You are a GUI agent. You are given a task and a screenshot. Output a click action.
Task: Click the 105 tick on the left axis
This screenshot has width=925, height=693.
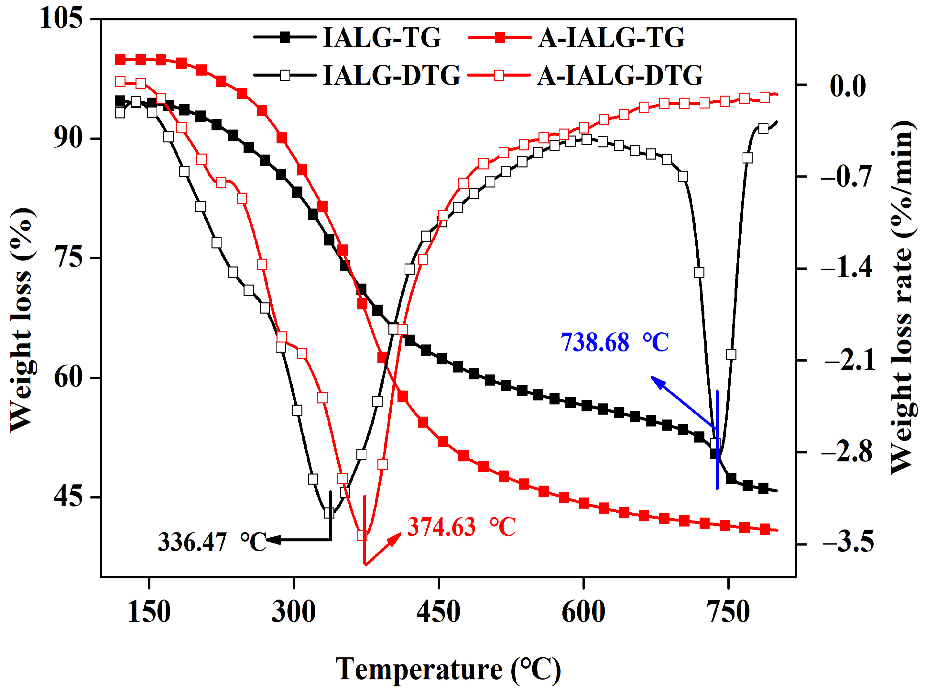pos(61,18)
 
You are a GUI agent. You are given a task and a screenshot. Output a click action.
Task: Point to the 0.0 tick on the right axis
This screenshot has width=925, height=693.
pos(847,85)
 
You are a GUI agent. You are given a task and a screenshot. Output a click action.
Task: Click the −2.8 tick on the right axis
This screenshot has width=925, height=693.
pos(847,452)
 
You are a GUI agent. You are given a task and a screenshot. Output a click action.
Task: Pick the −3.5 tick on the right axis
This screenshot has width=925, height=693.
pos(848,542)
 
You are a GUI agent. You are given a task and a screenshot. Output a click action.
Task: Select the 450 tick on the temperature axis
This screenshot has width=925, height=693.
pos(438,612)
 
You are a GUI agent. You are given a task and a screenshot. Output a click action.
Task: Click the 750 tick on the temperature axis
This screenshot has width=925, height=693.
pos(728,612)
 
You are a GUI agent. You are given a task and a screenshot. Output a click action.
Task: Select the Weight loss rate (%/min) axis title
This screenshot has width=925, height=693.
pos(903,297)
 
